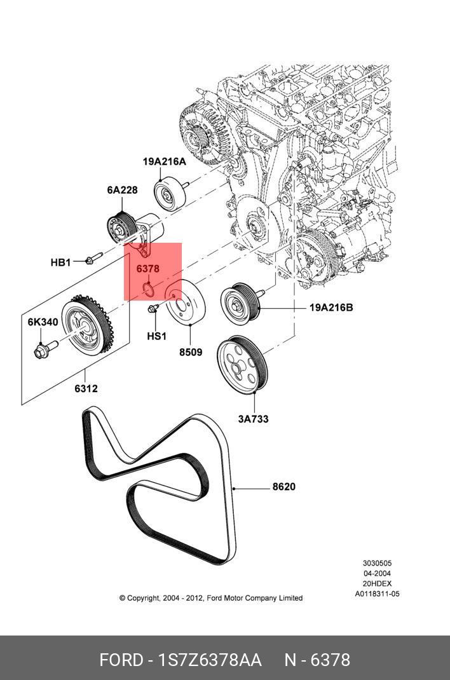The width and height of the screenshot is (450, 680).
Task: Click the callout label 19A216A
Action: (x=165, y=162)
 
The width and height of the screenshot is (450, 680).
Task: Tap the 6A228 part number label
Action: (x=122, y=190)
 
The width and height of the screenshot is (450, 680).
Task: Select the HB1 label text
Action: (x=60, y=262)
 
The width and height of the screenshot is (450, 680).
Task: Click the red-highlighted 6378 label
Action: (x=148, y=269)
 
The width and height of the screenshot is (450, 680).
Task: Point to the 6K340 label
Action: (x=43, y=322)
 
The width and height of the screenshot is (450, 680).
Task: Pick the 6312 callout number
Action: (x=86, y=388)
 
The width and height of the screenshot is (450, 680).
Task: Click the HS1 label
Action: (x=156, y=336)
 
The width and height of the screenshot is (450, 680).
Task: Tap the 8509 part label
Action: (x=191, y=352)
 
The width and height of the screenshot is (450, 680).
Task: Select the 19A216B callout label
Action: (x=331, y=308)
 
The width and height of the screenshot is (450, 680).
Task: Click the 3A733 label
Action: (x=253, y=419)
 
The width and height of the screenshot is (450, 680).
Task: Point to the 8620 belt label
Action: (x=284, y=487)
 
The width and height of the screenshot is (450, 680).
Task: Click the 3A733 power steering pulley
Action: (x=242, y=365)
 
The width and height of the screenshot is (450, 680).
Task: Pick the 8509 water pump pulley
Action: (x=186, y=303)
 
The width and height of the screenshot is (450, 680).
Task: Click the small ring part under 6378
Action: (x=148, y=289)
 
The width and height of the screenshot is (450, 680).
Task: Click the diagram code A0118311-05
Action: (x=377, y=594)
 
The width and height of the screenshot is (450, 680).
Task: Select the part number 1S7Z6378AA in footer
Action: (x=210, y=660)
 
